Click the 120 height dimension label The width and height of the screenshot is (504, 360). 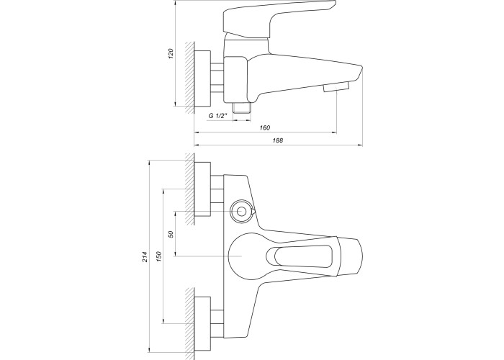tap(171, 53)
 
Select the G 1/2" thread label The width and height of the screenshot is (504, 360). tap(217, 116)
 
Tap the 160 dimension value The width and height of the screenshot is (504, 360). tap(264, 128)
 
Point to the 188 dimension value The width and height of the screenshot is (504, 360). tap(278, 140)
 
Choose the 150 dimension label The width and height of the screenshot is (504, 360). tap(159, 256)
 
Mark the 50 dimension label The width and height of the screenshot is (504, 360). tap(171, 234)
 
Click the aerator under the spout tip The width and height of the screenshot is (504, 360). tap(336, 87)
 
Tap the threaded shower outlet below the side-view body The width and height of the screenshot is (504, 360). tap(242, 108)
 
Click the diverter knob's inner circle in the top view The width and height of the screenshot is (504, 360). tap(242, 211)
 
